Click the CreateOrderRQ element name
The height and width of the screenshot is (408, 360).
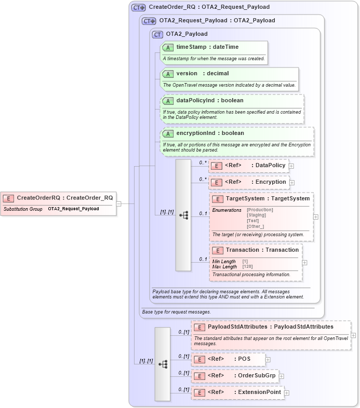38,198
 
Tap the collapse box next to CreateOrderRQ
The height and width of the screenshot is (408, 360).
119,203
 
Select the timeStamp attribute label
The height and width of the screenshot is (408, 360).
190,47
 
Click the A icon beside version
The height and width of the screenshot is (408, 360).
168,74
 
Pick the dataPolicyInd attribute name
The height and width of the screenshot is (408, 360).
195,100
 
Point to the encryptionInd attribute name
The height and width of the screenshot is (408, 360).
195,133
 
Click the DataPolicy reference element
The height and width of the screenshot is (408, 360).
270,166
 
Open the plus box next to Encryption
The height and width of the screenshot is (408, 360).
292,183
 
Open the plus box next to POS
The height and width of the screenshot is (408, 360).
268,359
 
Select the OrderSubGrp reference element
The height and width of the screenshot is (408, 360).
257,375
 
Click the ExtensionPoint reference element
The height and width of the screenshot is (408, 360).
259,392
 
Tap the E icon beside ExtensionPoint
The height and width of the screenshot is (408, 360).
198,392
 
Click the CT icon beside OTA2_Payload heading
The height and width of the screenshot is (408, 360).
157,34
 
